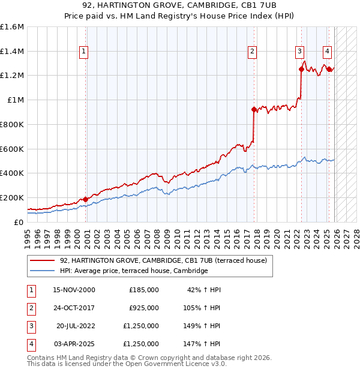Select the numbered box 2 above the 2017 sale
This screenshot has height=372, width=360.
coord(253,52)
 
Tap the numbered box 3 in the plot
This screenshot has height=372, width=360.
coord(299,52)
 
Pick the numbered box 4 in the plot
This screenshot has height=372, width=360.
coord(327,52)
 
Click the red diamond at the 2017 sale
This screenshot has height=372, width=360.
coord(254,109)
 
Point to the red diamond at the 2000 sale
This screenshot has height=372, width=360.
coord(85,199)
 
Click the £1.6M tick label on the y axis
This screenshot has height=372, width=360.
coord(12,27)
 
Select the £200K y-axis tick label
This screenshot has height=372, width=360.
coord(12,197)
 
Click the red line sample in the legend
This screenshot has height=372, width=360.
coord(43,260)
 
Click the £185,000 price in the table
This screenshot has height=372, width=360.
coord(144,289)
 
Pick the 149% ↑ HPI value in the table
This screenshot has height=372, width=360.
coord(203,326)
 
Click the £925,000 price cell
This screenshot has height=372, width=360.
coord(144,308)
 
